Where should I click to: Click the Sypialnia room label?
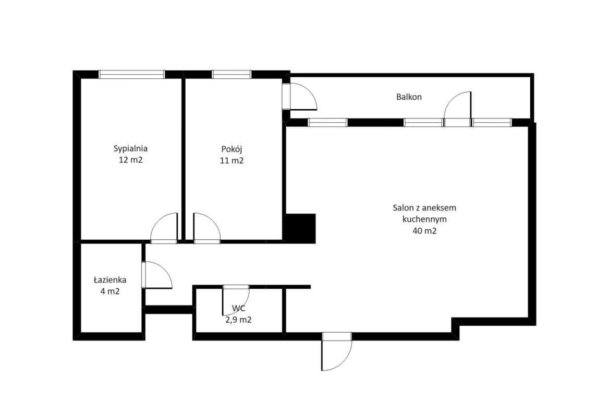pyautogui.click(x=130, y=148)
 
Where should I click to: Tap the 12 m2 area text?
pyautogui.click(x=131, y=160)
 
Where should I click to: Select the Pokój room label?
pyautogui.click(x=232, y=149)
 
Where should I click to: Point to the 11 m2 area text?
pyautogui.click(x=232, y=160)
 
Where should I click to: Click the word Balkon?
pyautogui.click(x=409, y=97)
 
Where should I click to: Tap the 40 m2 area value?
pyautogui.click(x=424, y=231)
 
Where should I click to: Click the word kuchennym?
pyautogui.click(x=424, y=219)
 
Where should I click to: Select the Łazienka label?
pyautogui.click(x=110, y=279)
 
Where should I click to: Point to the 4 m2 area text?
pyautogui.click(x=110, y=291)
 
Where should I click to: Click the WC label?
pyautogui.click(x=238, y=308)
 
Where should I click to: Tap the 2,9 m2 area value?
pyautogui.click(x=238, y=320)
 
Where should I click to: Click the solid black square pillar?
pyautogui.click(x=300, y=228)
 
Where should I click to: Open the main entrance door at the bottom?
pyautogui.click(x=337, y=351)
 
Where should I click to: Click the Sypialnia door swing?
pyautogui.click(x=164, y=228)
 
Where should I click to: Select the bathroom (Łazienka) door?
pyautogui.click(x=157, y=275)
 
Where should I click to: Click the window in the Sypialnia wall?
pyautogui.click(x=131, y=75)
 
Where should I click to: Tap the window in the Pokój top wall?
pyautogui.click(x=231, y=75)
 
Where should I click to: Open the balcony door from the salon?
pyautogui.click(x=458, y=109)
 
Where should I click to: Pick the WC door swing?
pyautogui.click(x=236, y=300)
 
